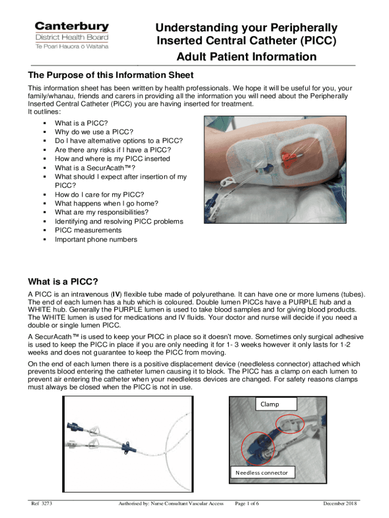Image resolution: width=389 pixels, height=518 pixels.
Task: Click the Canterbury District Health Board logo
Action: click(x=71, y=35)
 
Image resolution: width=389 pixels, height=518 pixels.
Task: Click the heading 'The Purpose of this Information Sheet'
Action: click(x=110, y=75)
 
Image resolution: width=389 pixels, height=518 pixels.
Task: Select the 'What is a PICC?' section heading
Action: click(x=63, y=281)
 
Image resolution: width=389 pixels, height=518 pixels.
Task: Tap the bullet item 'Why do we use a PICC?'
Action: click(x=87, y=132)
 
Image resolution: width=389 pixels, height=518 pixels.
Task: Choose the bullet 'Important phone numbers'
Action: click(x=95, y=240)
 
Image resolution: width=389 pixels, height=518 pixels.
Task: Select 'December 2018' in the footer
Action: click(x=340, y=503)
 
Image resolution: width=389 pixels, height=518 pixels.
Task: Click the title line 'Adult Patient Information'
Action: click(x=246, y=57)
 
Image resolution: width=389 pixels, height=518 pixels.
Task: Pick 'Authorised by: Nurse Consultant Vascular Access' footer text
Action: click(x=171, y=503)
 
